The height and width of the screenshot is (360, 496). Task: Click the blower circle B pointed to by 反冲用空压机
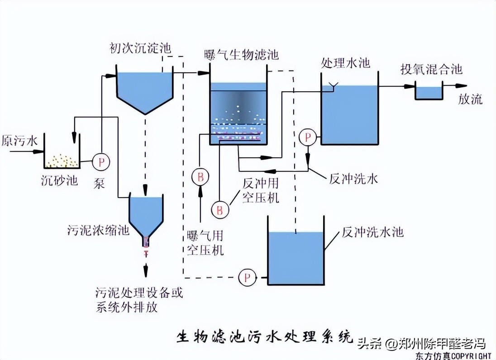point(220,209)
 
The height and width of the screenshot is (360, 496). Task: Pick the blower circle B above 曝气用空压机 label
point(200,176)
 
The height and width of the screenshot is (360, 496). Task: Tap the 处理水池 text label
point(346,62)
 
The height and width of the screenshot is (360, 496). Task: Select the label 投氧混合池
point(431,69)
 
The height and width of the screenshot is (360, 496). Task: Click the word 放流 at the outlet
point(470,99)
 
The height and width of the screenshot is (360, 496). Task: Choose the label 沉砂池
point(59,180)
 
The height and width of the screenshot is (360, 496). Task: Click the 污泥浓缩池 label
point(97,230)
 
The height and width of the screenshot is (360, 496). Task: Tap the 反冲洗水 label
point(353,179)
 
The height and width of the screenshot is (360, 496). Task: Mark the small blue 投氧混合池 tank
point(429,93)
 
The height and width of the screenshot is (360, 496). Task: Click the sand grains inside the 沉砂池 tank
point(62,160)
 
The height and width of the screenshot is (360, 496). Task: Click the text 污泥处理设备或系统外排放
point(139,299)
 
